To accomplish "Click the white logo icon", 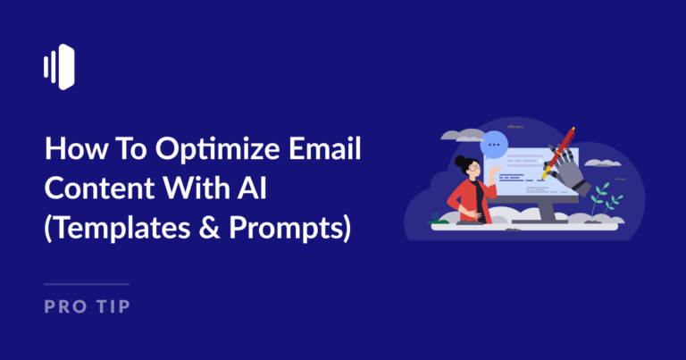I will tap(58, 66).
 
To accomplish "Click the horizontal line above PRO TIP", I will tap(87, 285).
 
